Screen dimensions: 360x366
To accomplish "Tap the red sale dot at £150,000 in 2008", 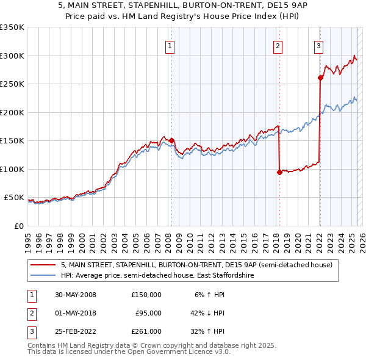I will [x=171, y=140].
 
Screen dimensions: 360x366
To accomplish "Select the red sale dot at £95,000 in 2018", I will [x=279, y=172].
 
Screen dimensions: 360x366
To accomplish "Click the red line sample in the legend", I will [x=43, y=265].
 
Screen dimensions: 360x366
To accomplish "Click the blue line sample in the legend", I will [x=43, y=276].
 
